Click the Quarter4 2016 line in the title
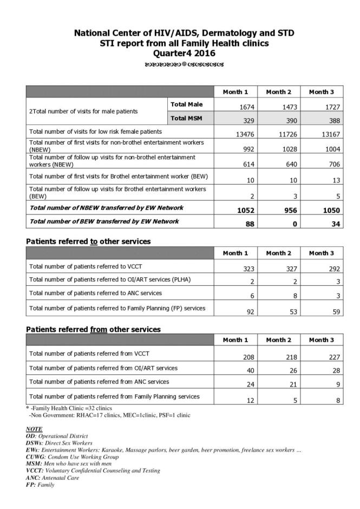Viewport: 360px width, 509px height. point(184,53)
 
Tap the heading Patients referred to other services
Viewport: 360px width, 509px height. point(88,242)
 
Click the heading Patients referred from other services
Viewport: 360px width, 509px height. point(93,329)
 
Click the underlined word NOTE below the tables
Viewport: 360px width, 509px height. point(34,429)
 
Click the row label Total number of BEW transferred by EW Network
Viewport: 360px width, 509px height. point(104,221)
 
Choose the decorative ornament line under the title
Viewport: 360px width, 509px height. point(184,64)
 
